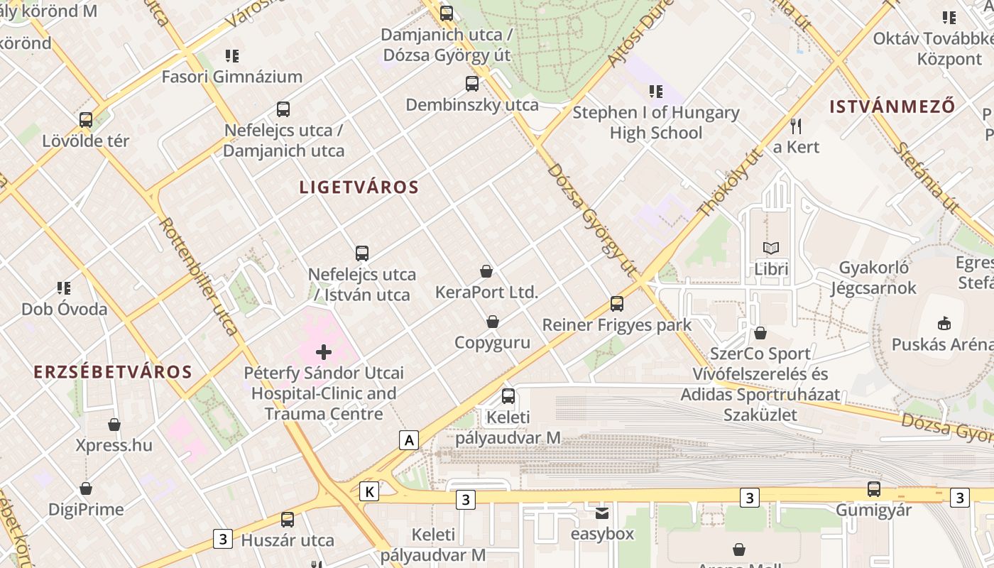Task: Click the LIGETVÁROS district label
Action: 359,187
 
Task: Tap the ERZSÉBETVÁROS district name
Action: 113,372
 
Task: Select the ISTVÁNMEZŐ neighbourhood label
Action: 892,107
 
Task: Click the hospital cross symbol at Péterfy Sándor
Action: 324,351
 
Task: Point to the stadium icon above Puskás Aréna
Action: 944,324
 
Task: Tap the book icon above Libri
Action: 771,248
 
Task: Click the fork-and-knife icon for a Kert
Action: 796,126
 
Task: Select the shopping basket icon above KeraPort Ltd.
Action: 486,271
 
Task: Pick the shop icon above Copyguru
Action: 493,322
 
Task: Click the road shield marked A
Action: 408,440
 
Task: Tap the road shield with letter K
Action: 369,491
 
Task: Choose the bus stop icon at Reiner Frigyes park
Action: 617,304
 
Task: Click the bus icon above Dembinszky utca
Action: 472,84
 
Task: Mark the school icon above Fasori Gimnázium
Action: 231,55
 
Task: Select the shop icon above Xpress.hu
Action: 114,425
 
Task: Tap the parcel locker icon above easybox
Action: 602,513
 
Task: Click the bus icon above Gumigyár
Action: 873,489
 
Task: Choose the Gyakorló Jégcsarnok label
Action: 873,278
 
